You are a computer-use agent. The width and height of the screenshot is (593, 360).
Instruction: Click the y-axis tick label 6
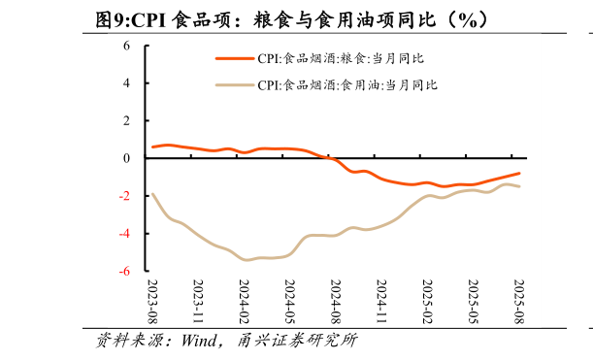coord(127,46)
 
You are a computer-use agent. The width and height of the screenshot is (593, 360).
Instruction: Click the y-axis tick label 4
coord(127,83)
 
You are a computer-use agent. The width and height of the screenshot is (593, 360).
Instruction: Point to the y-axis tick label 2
coord(127,120)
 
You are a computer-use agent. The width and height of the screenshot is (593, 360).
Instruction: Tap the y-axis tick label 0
coord(127,158)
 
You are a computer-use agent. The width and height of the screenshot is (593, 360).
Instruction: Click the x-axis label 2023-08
coord(152,302)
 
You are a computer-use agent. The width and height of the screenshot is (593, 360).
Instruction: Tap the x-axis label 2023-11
coord(199,302)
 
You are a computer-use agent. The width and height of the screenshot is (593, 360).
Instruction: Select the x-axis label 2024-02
coord(245,302)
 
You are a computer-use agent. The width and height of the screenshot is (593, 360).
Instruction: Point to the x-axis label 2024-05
coord(290,302)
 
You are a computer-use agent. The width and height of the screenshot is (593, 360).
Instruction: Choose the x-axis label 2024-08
coord(336,302)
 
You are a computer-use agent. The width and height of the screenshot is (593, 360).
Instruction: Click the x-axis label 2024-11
coord(382,302)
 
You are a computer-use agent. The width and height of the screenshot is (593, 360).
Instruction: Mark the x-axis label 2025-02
coord(428,302)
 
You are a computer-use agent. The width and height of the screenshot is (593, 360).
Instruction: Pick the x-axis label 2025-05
coord(474,302)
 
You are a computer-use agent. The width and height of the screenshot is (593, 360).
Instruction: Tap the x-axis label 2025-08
coord(519,302)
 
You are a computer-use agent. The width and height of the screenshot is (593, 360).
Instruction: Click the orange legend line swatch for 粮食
coord(234,59)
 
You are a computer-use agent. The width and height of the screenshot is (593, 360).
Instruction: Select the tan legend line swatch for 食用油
coord(234,85)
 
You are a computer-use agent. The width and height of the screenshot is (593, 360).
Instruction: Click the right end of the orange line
coord(520,173)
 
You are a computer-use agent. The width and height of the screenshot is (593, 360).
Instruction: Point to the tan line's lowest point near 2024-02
coord(247,260)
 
